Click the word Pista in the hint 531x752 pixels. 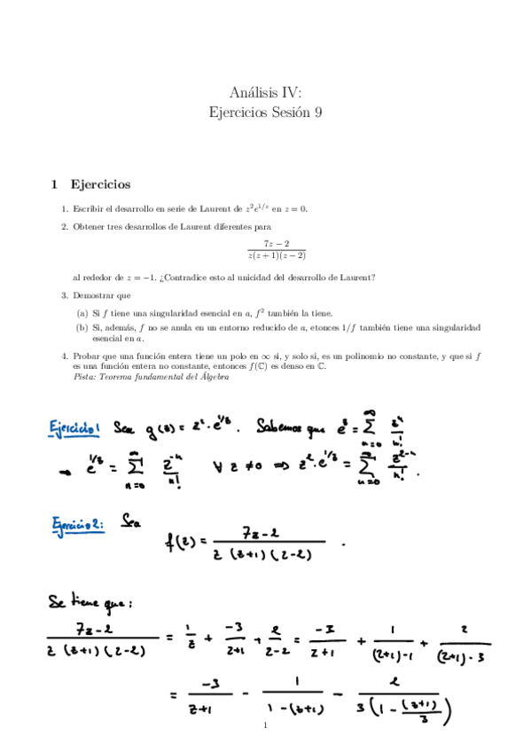tap(85, 376)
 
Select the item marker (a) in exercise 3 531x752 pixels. tap(82, 312)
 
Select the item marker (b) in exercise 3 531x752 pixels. tap(82, 327)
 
